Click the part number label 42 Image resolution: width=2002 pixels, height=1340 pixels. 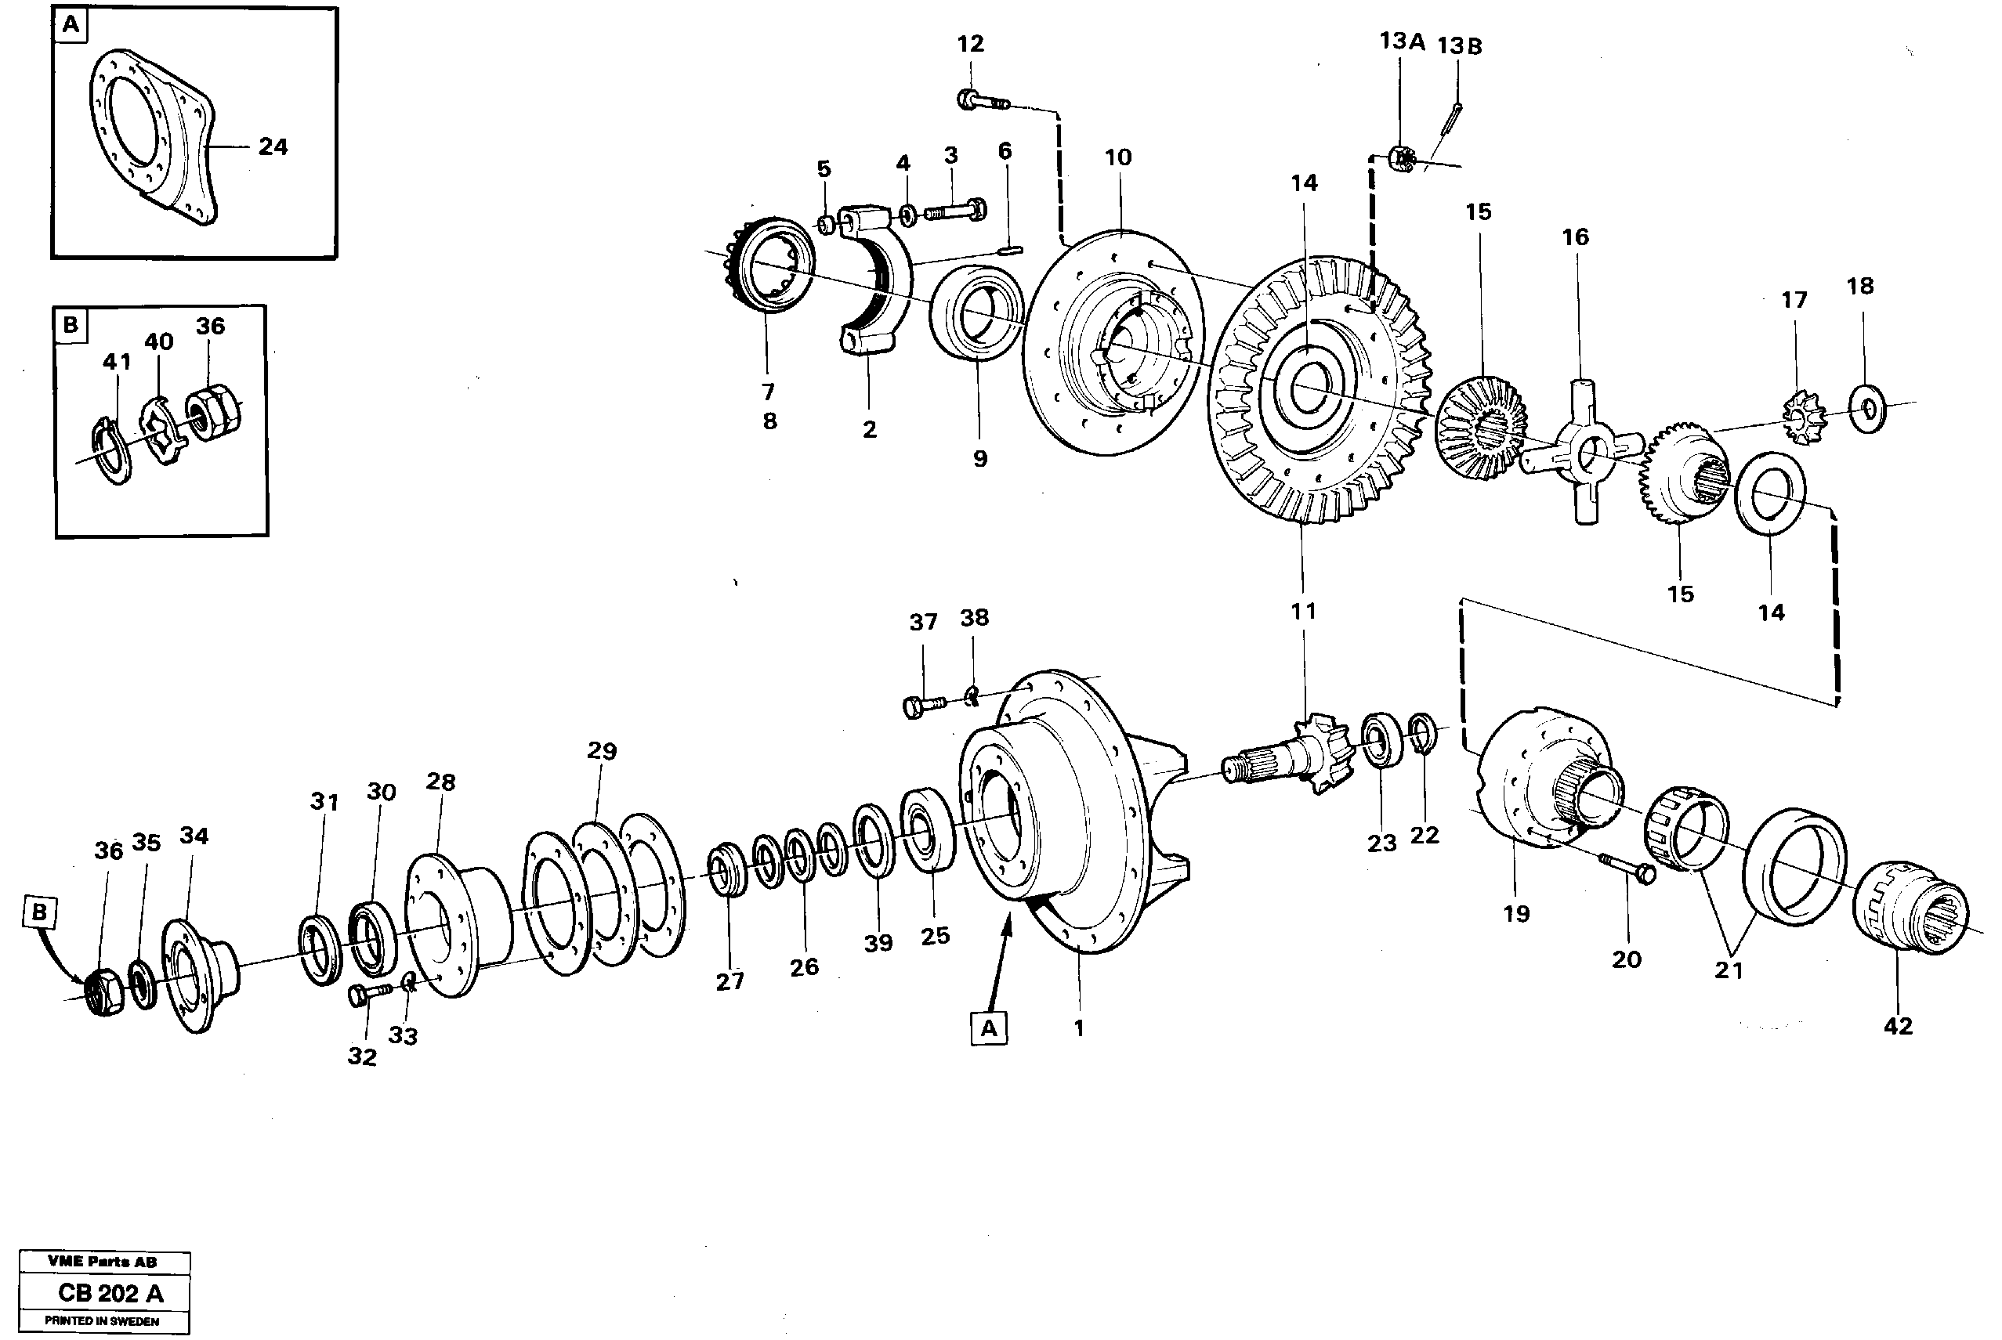click(x=1897, y=1027)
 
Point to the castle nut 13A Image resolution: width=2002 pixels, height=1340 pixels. click(x=1401, y=158)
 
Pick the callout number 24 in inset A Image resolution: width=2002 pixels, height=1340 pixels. click(x=273, y=147)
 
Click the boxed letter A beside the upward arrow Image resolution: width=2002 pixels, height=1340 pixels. click(x=988, y=1028)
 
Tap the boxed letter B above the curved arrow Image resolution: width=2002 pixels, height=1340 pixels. click(x=39, y=912)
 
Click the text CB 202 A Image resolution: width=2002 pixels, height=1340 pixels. click(x=110, y=1293)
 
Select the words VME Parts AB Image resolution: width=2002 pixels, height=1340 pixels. click(x=102, y=1262)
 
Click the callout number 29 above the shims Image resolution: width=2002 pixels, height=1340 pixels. click(x=602, y=750)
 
